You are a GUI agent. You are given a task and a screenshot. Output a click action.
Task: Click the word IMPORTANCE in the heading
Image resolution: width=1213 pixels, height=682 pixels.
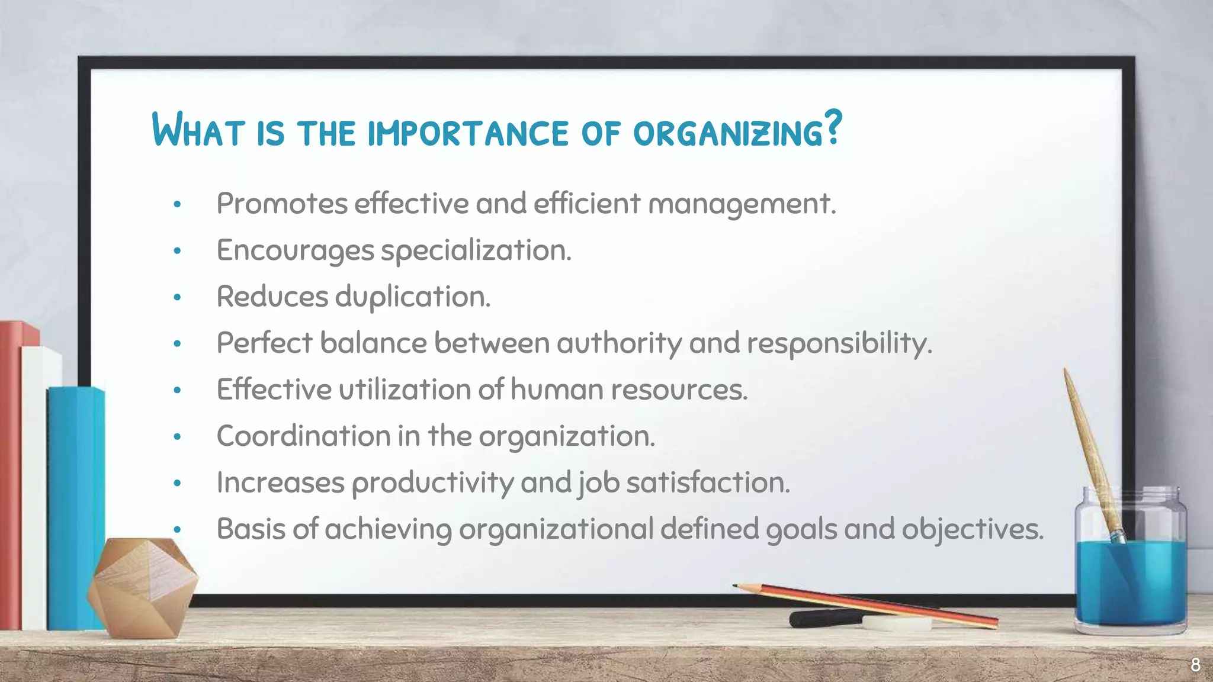[x=468, y=133]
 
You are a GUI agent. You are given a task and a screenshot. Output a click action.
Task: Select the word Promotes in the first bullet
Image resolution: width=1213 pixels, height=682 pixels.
[x=282, y=204]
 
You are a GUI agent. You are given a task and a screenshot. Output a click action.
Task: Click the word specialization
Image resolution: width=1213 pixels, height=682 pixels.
[x=476, y=251]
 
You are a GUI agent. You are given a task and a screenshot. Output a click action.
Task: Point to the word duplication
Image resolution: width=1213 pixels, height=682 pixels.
[x=413, y=297]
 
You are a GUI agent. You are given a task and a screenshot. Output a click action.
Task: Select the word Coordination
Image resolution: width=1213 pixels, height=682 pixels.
[x=303, y=436]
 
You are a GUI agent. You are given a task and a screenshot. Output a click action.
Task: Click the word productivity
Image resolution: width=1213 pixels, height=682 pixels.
[x=432, y=483]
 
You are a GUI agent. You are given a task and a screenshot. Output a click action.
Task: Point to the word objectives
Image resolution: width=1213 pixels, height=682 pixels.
[x=972, y=529]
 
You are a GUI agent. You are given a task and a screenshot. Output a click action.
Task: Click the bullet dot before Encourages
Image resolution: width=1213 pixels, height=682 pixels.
[x=177, y=251]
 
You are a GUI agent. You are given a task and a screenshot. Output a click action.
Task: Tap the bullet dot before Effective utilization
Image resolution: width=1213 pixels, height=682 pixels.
[x=177, y=390]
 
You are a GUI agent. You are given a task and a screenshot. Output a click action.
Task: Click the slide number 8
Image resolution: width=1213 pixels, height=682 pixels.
[x=1195, y=664]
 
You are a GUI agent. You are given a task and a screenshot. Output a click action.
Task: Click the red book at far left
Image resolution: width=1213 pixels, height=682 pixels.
[x=10, y=474]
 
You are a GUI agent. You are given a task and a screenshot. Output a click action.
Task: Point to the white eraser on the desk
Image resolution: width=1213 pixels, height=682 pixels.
[x=896, y=623]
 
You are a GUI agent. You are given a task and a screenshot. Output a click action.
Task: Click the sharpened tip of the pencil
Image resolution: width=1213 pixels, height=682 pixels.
[x=736, y=586]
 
